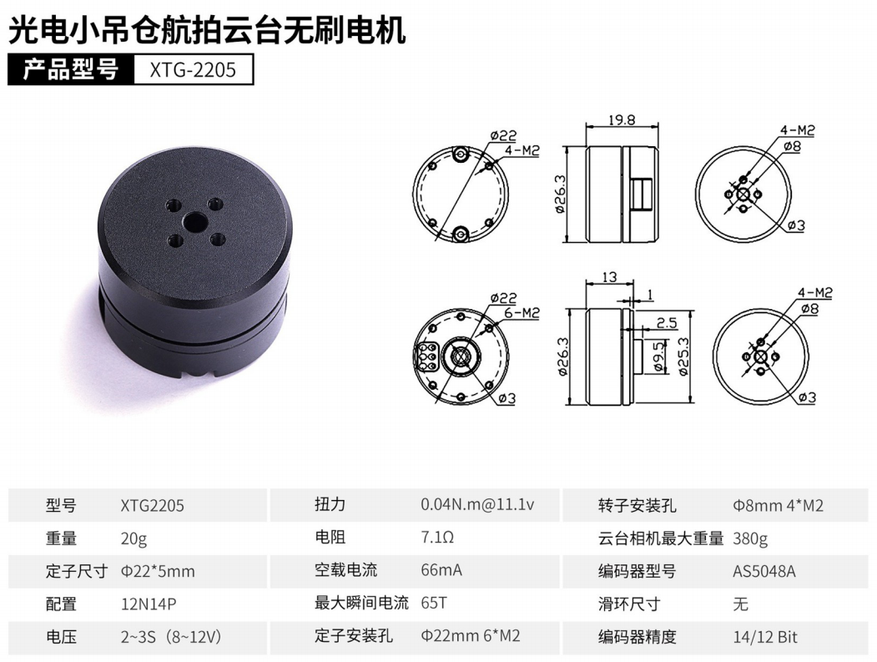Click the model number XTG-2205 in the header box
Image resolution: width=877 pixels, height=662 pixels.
[x=193, y=70]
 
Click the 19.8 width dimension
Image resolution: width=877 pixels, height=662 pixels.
[x=622, y=119]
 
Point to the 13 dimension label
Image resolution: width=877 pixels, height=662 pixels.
[x=609, y=276]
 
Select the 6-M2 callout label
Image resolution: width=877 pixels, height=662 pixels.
[x=522, y=313]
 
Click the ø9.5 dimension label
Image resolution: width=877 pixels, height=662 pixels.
[x=659, y=356]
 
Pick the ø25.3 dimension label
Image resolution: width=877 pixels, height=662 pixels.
[x=683, y=356]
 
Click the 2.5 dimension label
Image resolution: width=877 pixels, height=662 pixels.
[x=666, y=323]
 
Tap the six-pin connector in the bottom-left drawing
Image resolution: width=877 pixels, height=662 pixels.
[x=426, y=356]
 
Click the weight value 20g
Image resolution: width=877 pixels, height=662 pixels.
[x=134, y=538]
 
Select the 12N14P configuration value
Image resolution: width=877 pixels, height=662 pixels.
[x=149, y=604]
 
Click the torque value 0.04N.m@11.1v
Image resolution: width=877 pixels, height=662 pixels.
[x=477, y=505]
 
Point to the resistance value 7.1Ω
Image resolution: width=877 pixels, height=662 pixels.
[x=437, y=538]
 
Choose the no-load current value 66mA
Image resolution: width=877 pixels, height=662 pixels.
[x=441, y=570]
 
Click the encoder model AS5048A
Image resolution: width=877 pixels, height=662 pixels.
[x=764, y=571]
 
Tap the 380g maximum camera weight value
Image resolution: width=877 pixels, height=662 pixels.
[x=750, y=539]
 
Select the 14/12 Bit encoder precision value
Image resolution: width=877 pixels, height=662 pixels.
[x=765, y=637]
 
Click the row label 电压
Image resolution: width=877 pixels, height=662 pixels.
[x=61, y=637]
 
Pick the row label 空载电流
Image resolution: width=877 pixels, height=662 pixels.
[x=345, y=570]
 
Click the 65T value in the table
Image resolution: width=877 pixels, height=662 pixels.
[x=434, y=603]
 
